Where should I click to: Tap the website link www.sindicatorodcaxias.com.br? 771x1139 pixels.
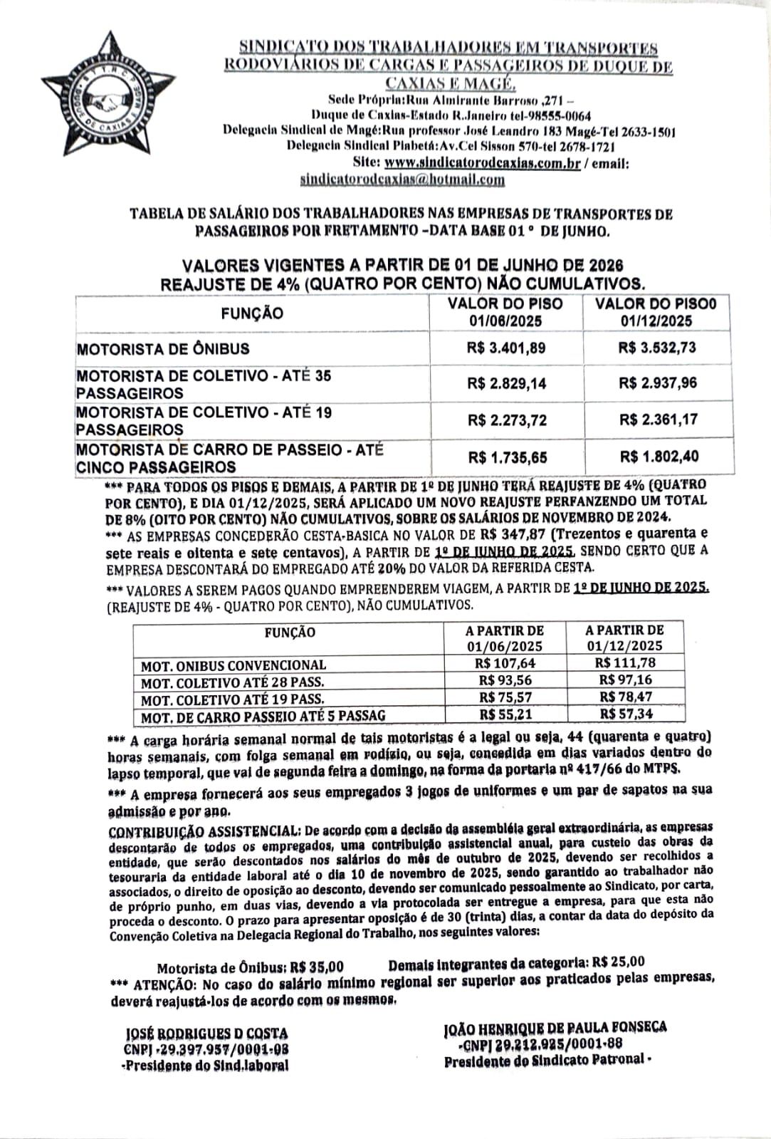pos(482,163)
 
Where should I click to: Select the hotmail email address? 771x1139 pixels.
pos(402,180)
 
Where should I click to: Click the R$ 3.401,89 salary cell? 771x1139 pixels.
pos(507,348)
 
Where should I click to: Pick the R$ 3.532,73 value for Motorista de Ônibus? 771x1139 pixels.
pos(657,348)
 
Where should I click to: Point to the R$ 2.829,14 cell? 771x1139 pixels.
pos(507,383)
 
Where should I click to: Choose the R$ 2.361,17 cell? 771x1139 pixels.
pos(658,420)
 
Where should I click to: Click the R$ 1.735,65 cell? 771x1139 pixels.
pos(507,457)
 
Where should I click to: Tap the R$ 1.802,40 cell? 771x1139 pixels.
pos(659,457)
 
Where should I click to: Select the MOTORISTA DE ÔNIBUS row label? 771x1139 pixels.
pos(163,349)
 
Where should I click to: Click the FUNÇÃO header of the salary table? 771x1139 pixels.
pos(252,313)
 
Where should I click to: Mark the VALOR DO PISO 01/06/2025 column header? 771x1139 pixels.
pos(505,312)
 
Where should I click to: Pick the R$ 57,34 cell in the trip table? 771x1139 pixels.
pos(626,713)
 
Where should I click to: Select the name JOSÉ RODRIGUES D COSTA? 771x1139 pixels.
pos(206,1033)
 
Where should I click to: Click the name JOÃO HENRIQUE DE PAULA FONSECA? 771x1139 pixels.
pos(555,1027)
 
